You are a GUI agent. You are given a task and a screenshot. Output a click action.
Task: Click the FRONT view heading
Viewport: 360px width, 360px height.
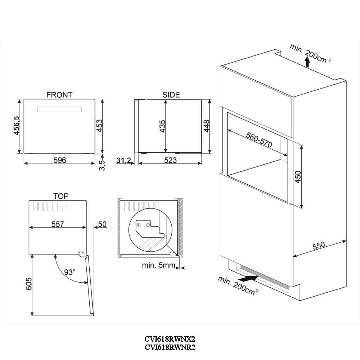click(x=59, y=95)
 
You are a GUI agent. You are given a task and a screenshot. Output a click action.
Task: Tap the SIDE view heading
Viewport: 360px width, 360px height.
click(x=171, y=95)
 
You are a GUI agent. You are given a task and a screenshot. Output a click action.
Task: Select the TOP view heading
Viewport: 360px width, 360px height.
click(x=61, y=196)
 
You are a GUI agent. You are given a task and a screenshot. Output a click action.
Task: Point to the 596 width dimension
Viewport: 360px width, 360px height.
click(x=60, y=160)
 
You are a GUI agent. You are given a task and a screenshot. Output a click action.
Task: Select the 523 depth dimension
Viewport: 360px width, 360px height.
click(x=170, y=160)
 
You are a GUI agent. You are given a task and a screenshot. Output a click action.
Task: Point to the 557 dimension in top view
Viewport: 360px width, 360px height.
click(x=58, y=224)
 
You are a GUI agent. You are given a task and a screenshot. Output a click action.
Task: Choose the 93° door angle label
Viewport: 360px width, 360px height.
click(x=69, y=272)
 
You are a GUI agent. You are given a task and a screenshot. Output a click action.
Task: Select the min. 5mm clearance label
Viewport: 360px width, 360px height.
click(x=158, y=266)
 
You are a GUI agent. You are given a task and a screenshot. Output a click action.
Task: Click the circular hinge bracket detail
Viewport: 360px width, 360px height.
click(x=152, y=232)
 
